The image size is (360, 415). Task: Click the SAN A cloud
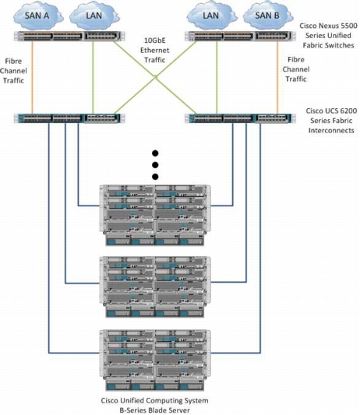click(x=37, y=16)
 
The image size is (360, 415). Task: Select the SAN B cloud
click(x=267, y=16)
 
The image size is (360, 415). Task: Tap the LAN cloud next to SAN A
click(x=94, y=16)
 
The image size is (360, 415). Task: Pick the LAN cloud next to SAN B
click(x=211, y=16)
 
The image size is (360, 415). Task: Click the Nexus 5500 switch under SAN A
click(x=69, y=37)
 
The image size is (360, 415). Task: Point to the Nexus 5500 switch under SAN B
click(x=240, y=37)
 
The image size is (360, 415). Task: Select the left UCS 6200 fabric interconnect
click(x=69, y=118)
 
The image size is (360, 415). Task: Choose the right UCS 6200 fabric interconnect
click(x=240, y=118)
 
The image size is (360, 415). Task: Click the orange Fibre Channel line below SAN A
click(x=33, y=77)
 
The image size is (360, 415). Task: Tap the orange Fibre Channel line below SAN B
click(x=277, y=77)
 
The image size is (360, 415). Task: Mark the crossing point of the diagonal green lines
click(x=156, y=77)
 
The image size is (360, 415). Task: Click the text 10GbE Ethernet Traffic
click(x=155, y=51)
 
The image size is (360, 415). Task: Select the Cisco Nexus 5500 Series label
click(x=329, y=36)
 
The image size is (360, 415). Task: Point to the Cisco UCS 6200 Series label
click(x=331, y=121)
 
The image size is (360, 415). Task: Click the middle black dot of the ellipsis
click(x=155, y=165)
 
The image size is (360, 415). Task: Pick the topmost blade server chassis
click(x=155, y=215)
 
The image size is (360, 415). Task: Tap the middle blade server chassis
click(x=155, y=287)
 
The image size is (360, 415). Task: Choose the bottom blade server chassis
click(x=155, y=360)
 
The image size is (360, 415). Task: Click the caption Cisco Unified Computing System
click(x=154, y=400)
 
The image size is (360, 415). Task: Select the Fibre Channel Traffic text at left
click(x=13, y=71)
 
